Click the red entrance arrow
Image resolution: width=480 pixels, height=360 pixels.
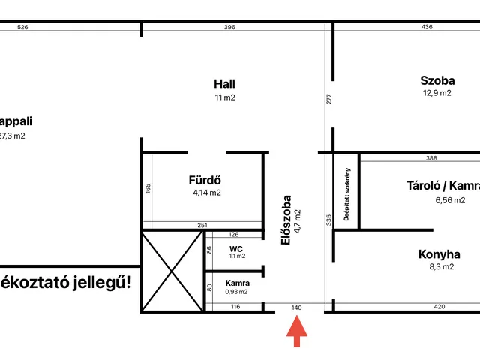[297, 331]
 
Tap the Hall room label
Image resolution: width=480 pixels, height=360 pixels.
[224, 84]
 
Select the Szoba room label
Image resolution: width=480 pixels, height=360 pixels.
[437, 79]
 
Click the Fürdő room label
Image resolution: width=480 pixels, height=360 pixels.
[206, 180]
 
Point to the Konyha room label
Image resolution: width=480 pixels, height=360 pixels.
[439, 254]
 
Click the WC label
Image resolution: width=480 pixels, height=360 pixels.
[236, 248]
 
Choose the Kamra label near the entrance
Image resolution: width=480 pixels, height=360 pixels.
[236, 283]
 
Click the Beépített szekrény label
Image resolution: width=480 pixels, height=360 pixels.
[347, 193]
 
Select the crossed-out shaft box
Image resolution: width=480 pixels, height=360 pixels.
[172, 271]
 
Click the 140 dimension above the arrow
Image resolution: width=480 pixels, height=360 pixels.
[296, 307]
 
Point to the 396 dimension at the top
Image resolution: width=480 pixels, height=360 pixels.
[229, 27]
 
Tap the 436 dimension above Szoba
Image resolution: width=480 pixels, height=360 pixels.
[427, 27]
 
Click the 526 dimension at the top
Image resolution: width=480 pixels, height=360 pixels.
[22, 27]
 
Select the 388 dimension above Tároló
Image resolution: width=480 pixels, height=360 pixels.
[431, 158]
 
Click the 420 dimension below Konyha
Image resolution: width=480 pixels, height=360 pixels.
[440, 307]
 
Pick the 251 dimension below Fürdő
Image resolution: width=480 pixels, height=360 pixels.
[202, 225]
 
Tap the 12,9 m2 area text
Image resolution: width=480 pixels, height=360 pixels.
[437, 93]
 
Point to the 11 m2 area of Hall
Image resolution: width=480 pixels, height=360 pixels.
[224, 97]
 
